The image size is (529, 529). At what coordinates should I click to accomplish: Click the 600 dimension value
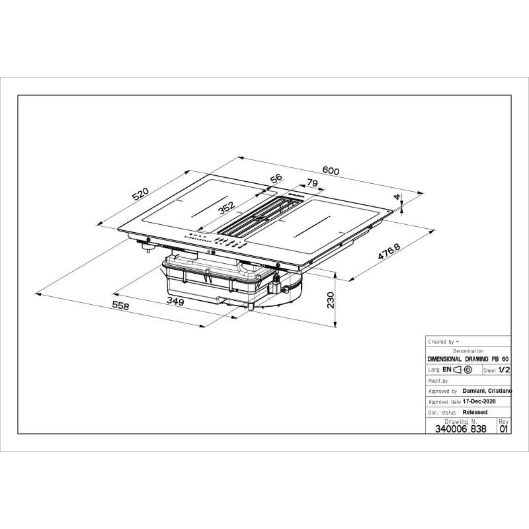click(x=331, y=171)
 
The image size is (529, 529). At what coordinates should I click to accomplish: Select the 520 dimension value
click(x=140, y=194)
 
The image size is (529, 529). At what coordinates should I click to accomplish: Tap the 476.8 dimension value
click(x=389, y=251)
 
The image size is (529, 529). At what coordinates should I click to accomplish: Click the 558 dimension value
click(x=120, y=305)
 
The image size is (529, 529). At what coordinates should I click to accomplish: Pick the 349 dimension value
click(x=175, y=301)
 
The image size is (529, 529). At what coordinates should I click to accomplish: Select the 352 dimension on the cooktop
click(x=226, y=208)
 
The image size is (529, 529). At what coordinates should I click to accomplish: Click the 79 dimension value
click(x=311, y=183)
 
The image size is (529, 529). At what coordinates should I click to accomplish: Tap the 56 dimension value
click(x=276, y=179)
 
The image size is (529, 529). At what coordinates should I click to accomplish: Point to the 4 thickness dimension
click(x=397, y=196)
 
